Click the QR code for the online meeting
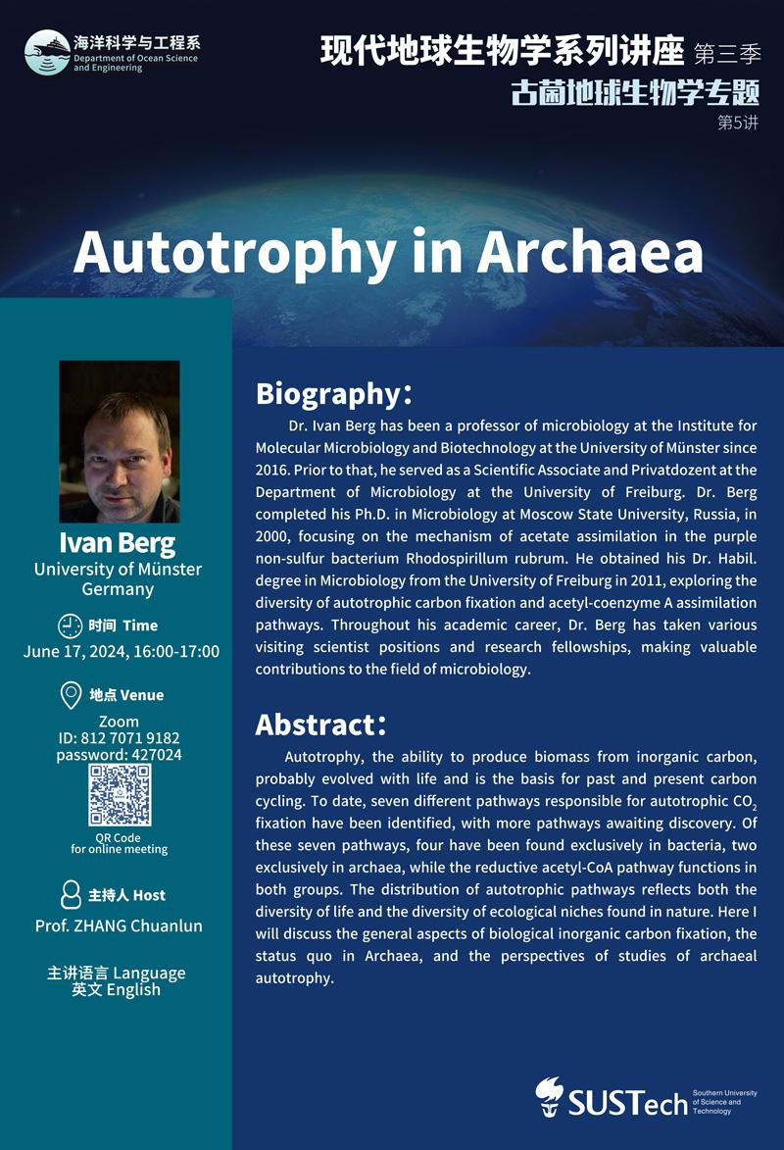pyautogui.click(x=120, y=795)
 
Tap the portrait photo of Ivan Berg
pyautogui.click(x=120, y=441)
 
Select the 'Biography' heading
pyautogui.click(x=325, y=393)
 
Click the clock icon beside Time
pyautogui.click(x=71, y=625)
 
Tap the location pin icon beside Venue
pyautogui.click(x=71, y=695)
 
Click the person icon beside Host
pyautogui.click(x=71, y=894)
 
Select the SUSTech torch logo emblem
pyautogui.click(x=550, y=1096)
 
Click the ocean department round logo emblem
pyautogui.click(x=47, y=52)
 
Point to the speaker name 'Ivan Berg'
pyautogui.click(x=118, y=543)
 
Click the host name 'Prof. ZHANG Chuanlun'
pyautogui.click(x=119, y=925)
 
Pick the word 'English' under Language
pyautogui.click(x=135, y=989)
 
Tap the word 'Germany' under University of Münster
pyautogui.click(x=118, y=589)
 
